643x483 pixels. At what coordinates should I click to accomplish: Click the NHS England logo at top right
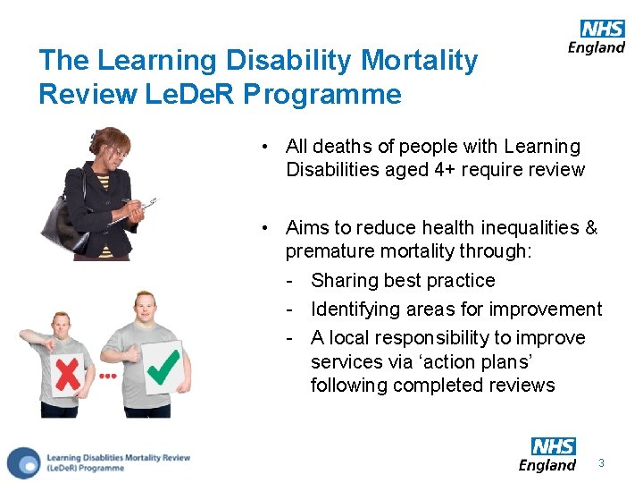pos(597,37)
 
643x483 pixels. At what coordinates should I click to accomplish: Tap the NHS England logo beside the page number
pos(547,454)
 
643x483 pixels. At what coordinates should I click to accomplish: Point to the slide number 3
pos(602,463)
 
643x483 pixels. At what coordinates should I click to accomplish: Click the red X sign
pos(69,370)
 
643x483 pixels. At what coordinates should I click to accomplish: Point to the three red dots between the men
pos(108,376)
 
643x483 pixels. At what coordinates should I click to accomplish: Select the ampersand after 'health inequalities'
pos(590,228)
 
